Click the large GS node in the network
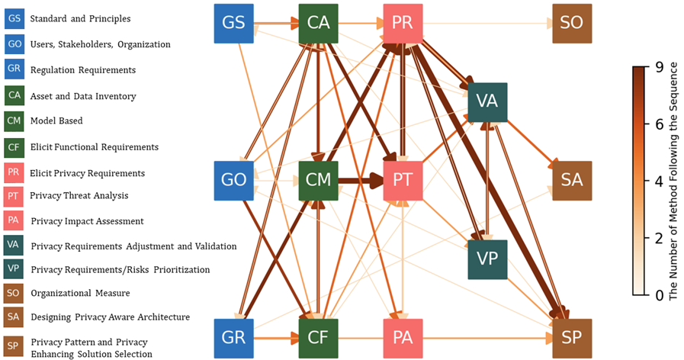tap(233, 23)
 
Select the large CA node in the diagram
tap(318, 23)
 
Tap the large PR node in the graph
tap(403, 23)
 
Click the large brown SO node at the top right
tap(572, 23)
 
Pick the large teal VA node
tap(487, 101)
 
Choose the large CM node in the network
tap(318, 181)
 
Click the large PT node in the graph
tap(403, 181)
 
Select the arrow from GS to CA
tap(275, 24)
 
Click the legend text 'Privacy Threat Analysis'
tap(79, 196)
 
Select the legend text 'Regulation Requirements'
tap(82, 70)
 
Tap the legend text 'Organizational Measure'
tap(80, 293)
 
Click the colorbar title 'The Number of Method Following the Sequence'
tap(674, 180)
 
